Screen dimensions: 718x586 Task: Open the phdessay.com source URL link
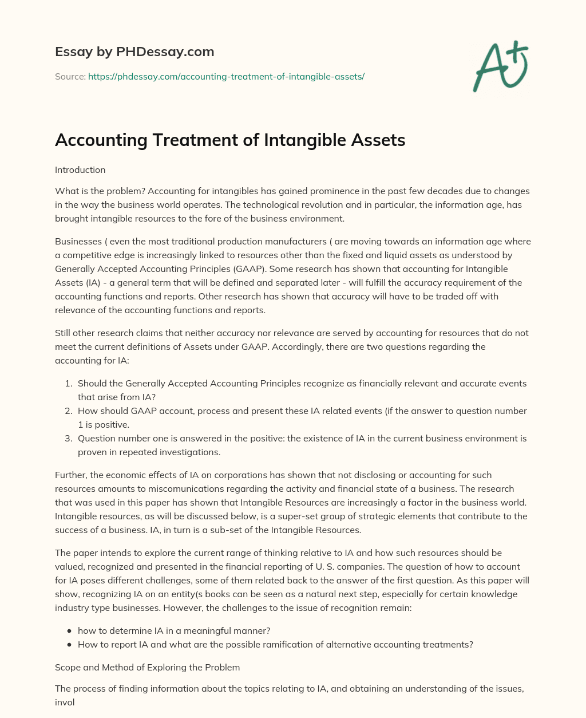point(226,76)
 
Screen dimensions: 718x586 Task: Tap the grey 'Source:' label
point(70,76)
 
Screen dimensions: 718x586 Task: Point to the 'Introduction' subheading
point(80,170)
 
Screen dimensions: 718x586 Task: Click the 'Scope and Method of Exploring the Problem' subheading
point(147,667)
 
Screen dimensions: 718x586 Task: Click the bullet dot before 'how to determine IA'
point(70,630)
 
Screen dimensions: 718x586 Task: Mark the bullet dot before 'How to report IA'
point(70,644)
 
